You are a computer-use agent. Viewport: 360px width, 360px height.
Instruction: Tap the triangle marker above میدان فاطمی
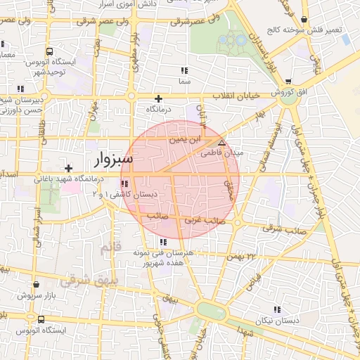click(222, 142)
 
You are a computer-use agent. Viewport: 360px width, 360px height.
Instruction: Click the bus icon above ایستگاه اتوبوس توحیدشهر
click(49, 51)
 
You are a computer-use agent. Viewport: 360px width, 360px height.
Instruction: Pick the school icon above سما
click(184, 70)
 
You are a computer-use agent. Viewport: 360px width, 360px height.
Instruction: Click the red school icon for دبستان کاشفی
click(124, 184)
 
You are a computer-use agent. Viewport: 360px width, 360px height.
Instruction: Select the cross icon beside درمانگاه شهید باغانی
click(68, 168)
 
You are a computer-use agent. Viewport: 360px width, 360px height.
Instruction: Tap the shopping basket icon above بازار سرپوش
click(36, 285)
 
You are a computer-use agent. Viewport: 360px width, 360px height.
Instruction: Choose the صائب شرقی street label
click(283, 229)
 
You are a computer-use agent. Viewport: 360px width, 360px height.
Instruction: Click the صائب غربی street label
click(204, 221)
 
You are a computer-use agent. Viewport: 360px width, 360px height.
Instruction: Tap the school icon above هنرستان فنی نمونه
click(163, 242)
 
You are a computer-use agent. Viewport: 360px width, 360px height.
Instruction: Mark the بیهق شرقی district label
click(85, 281)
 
